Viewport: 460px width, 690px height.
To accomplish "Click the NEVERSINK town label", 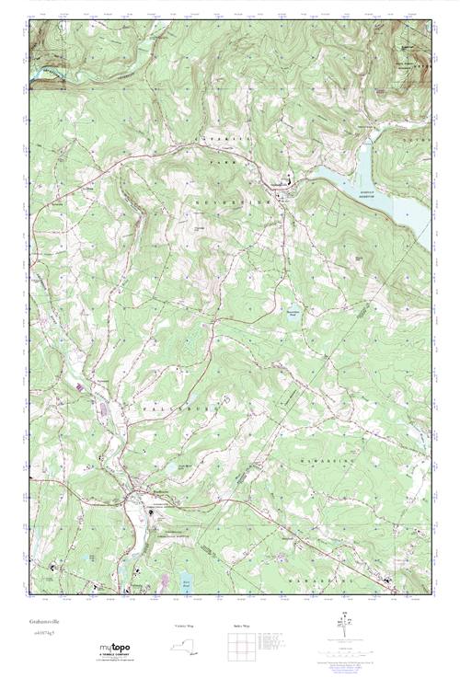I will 244,199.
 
